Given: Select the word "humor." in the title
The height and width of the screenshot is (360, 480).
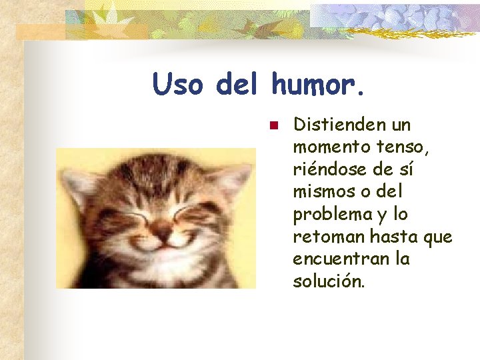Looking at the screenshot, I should [x=319, y=85].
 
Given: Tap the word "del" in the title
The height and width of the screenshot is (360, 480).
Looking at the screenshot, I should [x=240, y=85].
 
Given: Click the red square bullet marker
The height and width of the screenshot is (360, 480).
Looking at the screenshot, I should [x=272, y=125].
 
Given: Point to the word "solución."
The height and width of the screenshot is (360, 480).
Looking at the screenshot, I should [x=329, y=281].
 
